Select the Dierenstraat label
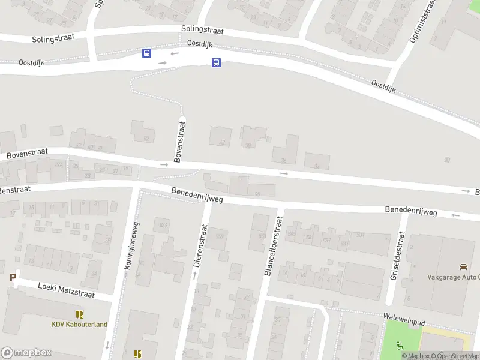(199, 245)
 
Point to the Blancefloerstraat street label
(273, 245)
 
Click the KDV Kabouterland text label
(79, 325)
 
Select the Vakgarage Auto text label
(454, 277)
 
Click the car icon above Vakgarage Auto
(463, 266)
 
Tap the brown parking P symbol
(12, 277)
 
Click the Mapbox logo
(26, 353)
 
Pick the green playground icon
(400, 344)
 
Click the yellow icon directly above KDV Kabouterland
(79, 314)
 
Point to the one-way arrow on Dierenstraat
(194, 275)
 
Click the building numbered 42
(220, 136)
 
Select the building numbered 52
(143, 131)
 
